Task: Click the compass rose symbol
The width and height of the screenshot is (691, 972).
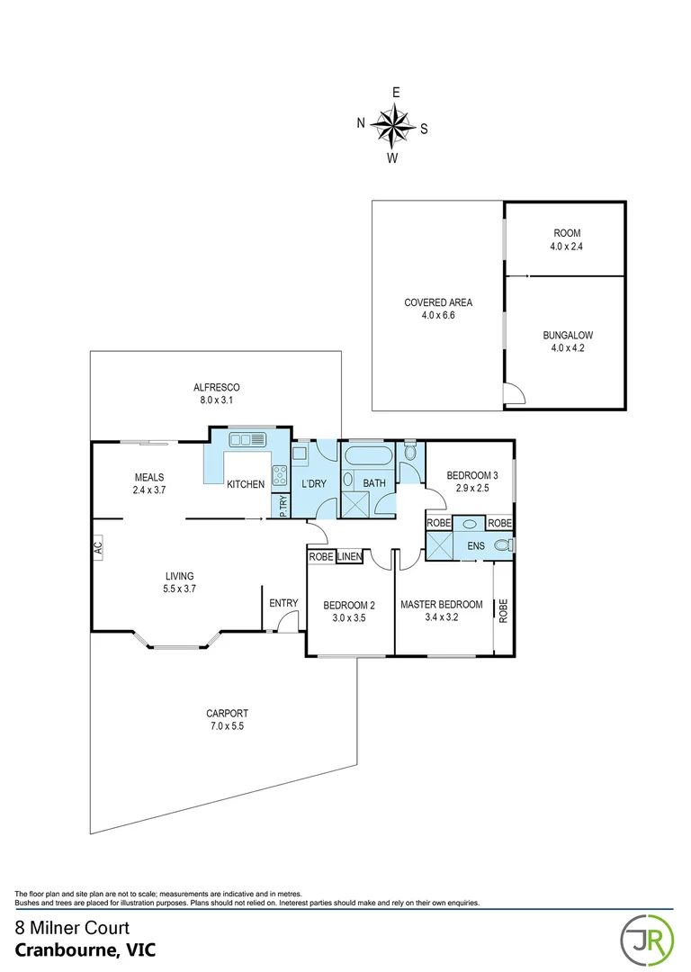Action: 392,125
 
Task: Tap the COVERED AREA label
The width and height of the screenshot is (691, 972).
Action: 438,309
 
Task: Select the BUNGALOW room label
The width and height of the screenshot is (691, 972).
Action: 567,341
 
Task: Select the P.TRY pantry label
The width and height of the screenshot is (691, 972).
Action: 283,506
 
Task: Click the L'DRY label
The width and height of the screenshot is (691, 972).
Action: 313,484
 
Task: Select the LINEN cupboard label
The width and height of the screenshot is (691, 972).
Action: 349,558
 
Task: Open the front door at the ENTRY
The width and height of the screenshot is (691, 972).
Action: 288,621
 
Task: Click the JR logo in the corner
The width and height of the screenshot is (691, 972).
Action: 643,938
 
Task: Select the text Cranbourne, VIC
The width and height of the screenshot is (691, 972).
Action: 76,949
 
